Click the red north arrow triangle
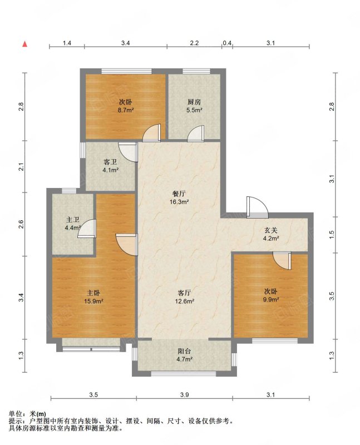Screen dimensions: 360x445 tap(25, 44)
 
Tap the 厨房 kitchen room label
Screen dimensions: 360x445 tap(194, 102)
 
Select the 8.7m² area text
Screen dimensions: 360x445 tap(126, 110)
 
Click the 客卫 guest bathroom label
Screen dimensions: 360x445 tap(110, 162)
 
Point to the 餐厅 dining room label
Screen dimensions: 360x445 tap(179, 194)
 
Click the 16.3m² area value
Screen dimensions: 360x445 tap(179, 202)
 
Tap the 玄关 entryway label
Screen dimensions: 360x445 tap(271, 230)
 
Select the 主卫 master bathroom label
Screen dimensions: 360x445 tap(72, 220)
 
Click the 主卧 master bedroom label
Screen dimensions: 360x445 tap(93, 293)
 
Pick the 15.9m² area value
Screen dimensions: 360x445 tap(93, 301)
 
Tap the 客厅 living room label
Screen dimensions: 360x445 tap(184, 293)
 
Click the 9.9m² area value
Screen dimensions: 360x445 tap(271, 299)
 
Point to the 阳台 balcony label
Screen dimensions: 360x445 tap(184, 351)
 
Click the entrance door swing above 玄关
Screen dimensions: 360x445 tap(257, 207)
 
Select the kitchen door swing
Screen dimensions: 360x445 tap(196, 133)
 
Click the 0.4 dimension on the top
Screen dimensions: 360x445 tap(227, 43)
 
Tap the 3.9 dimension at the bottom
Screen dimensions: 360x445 tap(184, 395)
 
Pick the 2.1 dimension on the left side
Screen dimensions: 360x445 tap(21, 166)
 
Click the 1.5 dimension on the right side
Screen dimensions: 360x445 tap(332, 234)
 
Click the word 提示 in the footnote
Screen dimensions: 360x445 tap(15, 421)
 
